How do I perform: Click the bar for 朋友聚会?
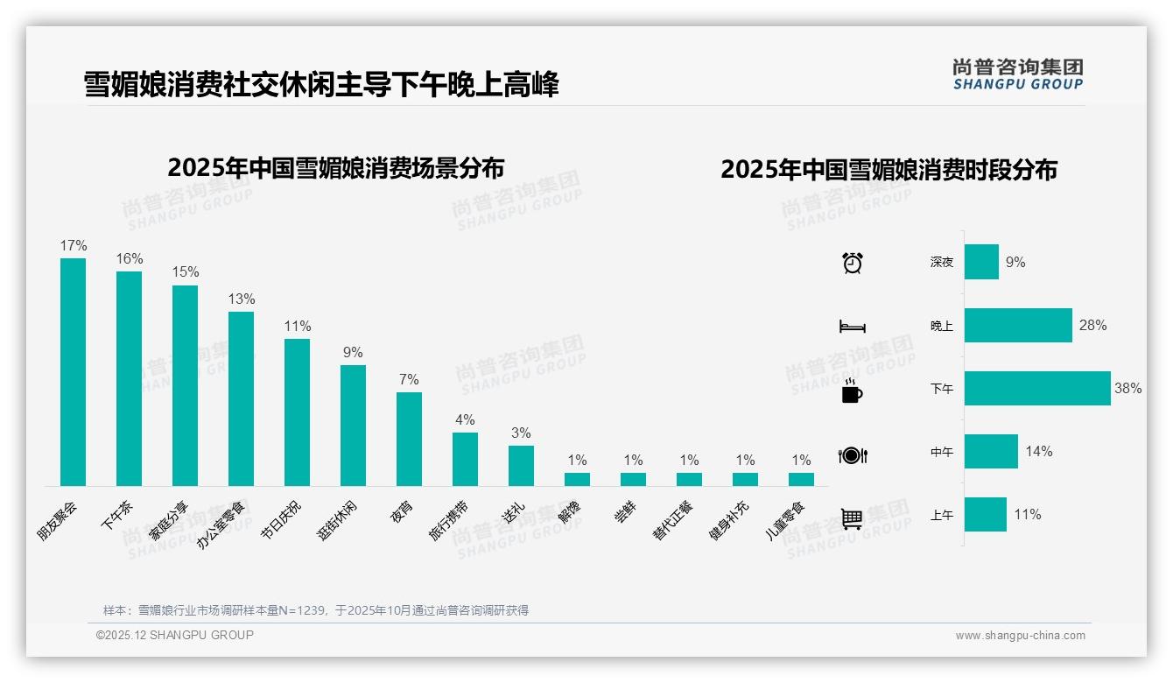pos(73,372)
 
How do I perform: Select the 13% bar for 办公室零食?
pos(241,398)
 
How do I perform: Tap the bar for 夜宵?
pos(409,439)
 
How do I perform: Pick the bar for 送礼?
pos(521,466)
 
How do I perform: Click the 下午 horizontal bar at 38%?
pos(1037,389)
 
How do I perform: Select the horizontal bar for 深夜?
pos(981,262)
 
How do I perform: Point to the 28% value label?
pos(1092,325)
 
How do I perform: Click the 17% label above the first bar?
pos(73,246)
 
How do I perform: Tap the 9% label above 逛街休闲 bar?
pos(353,353)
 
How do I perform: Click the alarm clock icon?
pos(852,263)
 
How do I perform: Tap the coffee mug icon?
pos(852,391)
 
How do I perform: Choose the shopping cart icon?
pos(852,518)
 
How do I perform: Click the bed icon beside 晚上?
pos(852,327)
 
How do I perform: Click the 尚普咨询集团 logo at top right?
pos(1017,74)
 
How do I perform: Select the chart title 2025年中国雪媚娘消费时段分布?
pos(889,169)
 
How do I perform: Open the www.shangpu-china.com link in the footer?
pos(1020,636)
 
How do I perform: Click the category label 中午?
pos(942,453)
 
